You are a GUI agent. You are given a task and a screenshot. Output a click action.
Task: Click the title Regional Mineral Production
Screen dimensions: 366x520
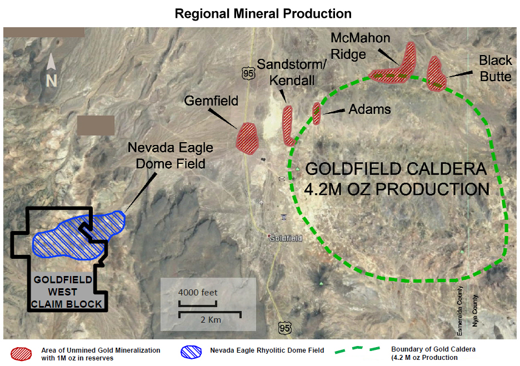point(263,13)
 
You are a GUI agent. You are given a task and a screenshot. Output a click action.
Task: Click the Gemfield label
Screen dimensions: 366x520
point(211,101)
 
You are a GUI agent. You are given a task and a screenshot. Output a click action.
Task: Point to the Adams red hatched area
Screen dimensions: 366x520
point(317,113)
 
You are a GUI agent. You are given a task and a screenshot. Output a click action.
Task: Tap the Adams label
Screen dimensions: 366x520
point(369,109)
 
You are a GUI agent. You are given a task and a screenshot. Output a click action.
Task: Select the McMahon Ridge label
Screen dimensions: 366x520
point(360,46)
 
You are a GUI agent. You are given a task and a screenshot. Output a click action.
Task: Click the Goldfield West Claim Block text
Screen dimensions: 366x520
point(67,292)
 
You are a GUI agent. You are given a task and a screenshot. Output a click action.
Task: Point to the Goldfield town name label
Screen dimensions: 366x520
point(285,238)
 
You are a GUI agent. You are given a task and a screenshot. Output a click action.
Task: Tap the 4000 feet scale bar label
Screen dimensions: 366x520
point(198,293)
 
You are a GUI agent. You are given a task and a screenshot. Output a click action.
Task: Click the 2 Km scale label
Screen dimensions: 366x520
point(210,321)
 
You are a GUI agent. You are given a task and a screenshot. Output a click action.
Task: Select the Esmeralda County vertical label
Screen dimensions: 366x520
point(459,311)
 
